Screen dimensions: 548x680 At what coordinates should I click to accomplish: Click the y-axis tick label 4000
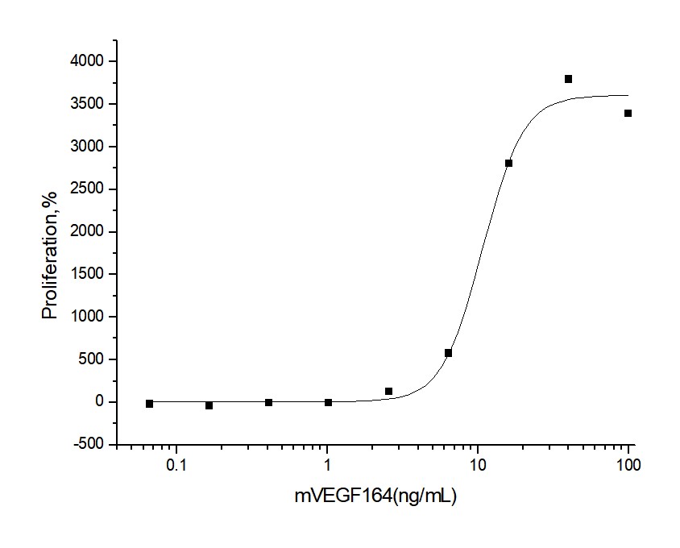tap(86, 61)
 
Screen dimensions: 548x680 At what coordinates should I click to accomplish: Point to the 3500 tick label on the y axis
tap(86, 104)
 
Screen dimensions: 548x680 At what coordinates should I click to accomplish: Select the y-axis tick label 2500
tap(86, 189)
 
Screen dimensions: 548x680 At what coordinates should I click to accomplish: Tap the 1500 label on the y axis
tap(86, 274)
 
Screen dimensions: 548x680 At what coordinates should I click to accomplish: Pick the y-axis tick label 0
tap(100, 402)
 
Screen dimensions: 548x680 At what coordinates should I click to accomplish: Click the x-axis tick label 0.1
tap(176, 465)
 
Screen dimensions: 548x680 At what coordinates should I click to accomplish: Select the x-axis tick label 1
tap(327, 465)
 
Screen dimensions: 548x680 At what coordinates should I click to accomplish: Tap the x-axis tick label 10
tap(477, 465)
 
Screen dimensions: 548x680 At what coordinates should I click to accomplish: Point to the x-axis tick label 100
tap(628, 465)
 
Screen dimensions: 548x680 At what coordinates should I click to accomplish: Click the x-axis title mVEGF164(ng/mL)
tap(375, 496)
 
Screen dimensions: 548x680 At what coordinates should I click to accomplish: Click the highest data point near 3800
tap(568, 79)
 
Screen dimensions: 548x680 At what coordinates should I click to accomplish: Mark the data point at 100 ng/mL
tap(628, 113)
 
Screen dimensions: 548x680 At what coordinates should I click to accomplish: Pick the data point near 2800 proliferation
tap(508, 163)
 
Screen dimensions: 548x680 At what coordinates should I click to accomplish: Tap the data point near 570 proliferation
tap(448, 353)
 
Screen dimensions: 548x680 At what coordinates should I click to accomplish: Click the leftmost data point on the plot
tap(149, 403)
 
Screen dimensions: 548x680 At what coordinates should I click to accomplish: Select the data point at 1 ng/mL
tap(328, 402)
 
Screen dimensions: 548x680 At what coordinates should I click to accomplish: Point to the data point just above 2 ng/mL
tap(388, 391)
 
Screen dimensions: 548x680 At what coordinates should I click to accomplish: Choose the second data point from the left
tap(209, 405)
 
